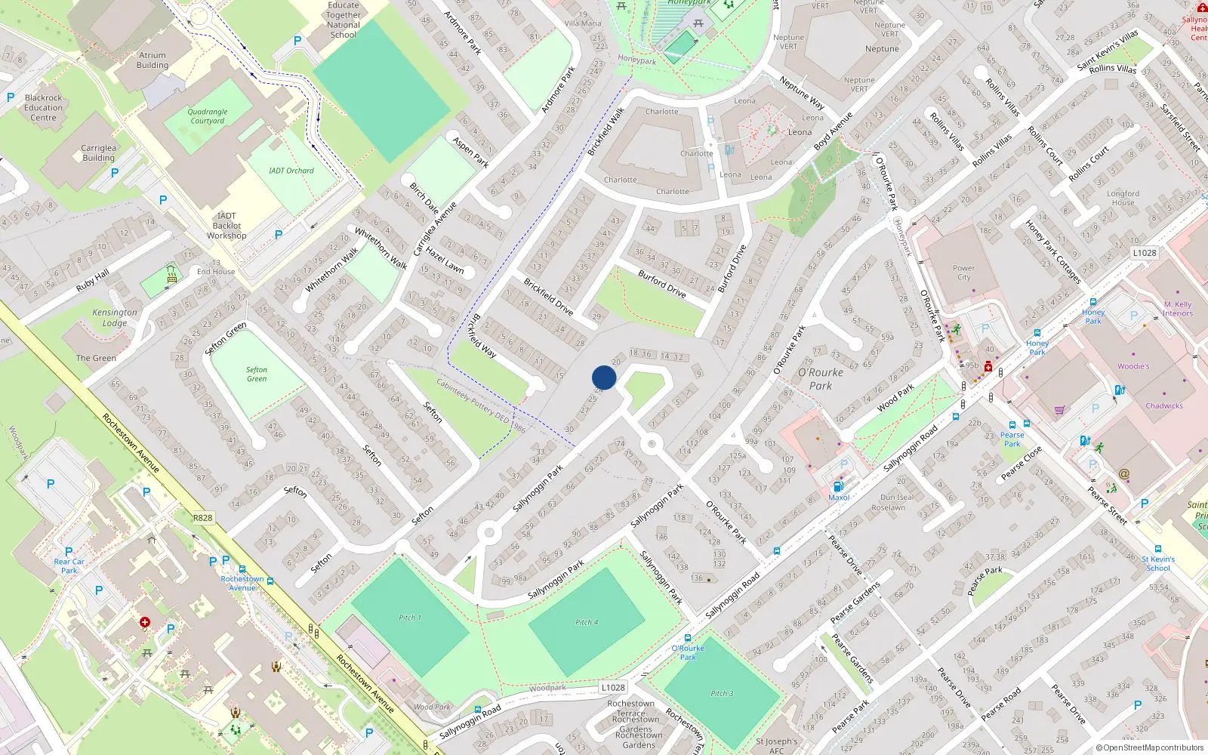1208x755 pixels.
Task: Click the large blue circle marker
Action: click(x=604, y=377)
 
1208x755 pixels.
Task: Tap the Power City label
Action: click(x=963, y=273)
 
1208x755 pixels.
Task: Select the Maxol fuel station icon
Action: click(x=837, y=487)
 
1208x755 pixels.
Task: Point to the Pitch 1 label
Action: click(x=410, y=618)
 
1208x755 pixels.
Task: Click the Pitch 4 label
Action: click(x=587, y=622)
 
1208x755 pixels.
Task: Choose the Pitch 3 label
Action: click(x=721, y=693)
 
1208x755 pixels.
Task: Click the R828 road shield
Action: click(x=202, y=518)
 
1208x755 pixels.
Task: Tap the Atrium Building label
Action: click(x=153, y=60)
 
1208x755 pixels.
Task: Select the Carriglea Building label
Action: click(x=99, y=153)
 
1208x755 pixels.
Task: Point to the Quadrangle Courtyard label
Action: click(x=208, y=116)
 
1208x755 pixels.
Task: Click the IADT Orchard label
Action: click(x=291, y=171)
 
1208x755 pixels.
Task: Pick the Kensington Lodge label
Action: click(x=115, y=318)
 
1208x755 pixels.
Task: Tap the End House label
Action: click(x=216, y=272)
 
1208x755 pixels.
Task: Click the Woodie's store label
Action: click(x=1133, y=366)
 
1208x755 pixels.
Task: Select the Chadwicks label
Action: click(x=1164, y=405)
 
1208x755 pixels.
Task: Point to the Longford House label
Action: click(x=1123, y=198)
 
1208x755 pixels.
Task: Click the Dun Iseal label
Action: click(x=897, y=497)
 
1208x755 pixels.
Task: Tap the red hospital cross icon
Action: click(x=144, y=623)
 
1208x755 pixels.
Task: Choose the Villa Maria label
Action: click(x=583, y=23)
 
